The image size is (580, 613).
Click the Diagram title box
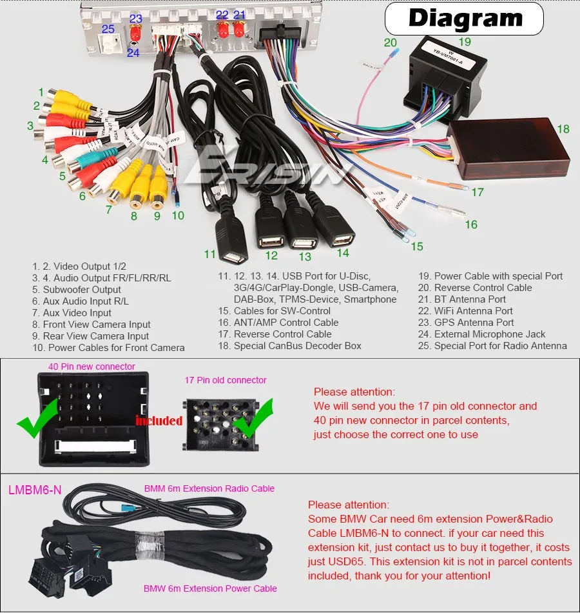[464, 19]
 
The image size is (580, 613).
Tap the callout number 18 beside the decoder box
[563, 129]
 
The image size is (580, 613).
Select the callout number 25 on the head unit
[108, 29]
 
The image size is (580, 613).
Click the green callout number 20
[391, 43]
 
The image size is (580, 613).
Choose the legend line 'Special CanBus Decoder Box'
[289, 346]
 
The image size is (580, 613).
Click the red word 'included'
[159, 421]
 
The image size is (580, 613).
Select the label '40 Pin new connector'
[92, 367]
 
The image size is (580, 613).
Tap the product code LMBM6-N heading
[35, 490]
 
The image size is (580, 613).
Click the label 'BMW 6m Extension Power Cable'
[210, 588]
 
